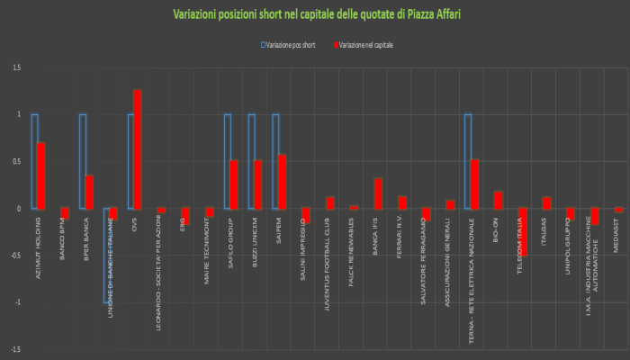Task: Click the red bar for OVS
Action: pos(138,149)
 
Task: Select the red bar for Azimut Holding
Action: pos(41,175)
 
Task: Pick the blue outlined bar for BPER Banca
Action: pos(83,161)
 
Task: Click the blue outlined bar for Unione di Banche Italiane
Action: pos(107,256)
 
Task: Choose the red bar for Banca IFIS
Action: pos(379,193)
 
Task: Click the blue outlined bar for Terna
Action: pos(468,161)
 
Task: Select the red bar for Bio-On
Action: pos(499,200)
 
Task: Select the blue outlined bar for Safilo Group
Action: pos(228,161)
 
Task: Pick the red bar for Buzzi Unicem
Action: pos(258,184)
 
